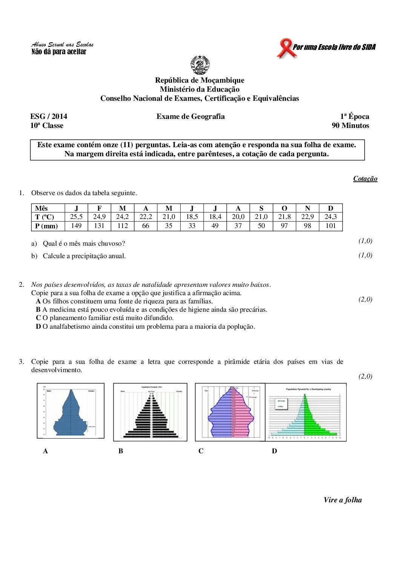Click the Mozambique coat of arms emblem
(200, 65)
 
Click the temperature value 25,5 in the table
(76, 217)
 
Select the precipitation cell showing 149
(76, 226)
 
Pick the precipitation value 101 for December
(330, 226)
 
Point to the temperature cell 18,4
(215, 217)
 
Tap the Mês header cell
(41, 208)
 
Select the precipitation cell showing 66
(146, 226)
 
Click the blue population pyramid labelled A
(71, 411)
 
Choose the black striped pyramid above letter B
(150, 412)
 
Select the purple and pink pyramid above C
(230, 412)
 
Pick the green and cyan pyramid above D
(306, 412)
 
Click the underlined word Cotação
(365, 179)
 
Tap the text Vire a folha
(342, 500)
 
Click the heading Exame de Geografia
(190, 117)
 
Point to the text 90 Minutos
(350, 126)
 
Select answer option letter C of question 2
(38, 318)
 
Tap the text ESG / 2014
(49, 117)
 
